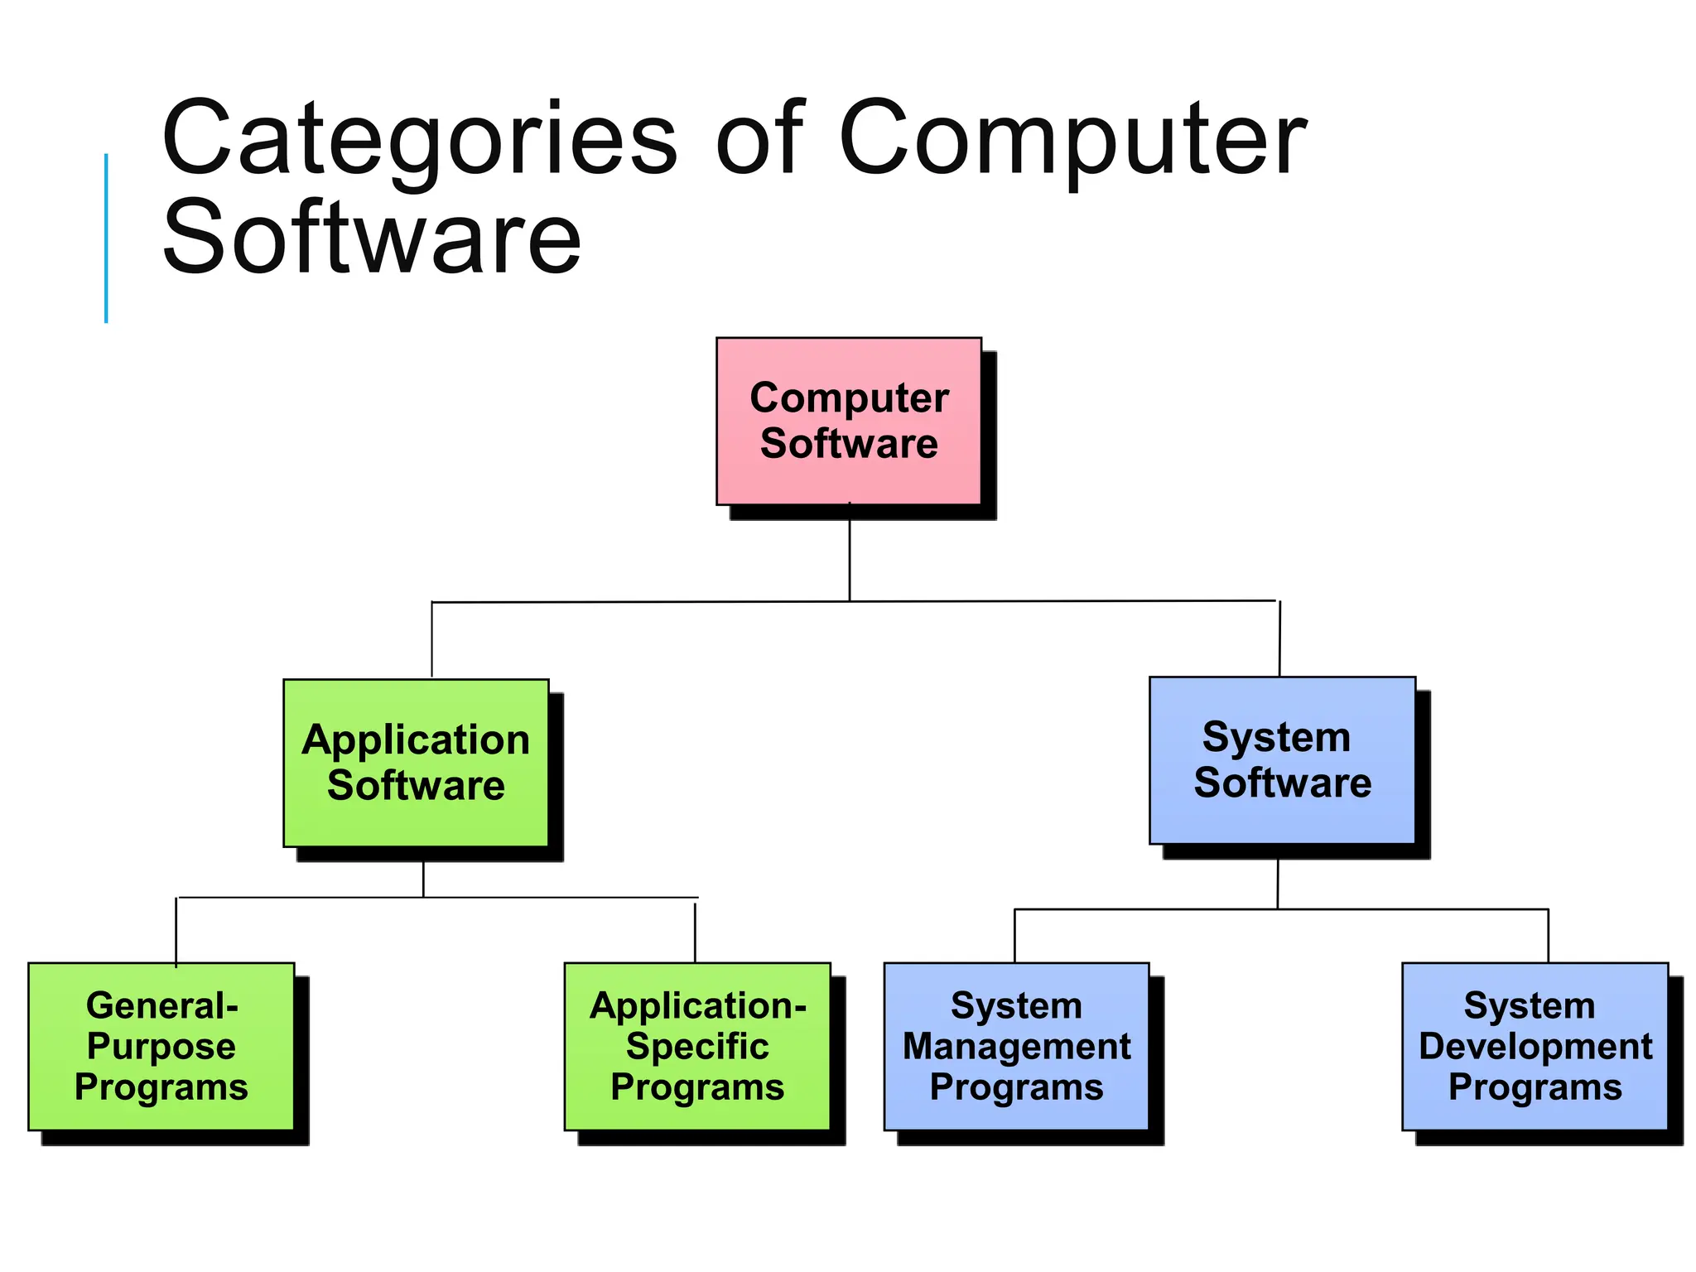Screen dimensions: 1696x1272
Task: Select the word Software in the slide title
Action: pyautogui.click(x=372, y=238)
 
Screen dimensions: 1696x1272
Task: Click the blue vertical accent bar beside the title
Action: pyautogui.click(x=106, y=238)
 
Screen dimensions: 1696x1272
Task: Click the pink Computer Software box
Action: pyautogui.click(x=848, y=421)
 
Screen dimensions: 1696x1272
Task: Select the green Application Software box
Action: pyautogui.click(x=416, y=763)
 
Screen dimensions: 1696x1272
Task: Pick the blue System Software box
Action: pyautogui.click(x=1282, y=760)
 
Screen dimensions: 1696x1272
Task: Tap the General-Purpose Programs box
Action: pyautogui.click(x=161, y=1046)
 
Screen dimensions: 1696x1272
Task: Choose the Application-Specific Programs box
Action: pyautogui.click(x=697, y=1046)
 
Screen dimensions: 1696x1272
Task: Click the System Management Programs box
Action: pyautogui.click(x=1016, y=1046)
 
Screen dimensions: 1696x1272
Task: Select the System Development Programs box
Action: pyautogui.click(x=1535, y=1046)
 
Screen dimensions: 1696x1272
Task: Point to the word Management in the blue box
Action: pyautogui.click(x=1016, y=1047)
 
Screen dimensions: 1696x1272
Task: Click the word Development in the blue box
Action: pyautogui.click(x=1535, y=1047)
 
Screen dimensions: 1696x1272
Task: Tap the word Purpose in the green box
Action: pyautogui.click(x=161, y=1047)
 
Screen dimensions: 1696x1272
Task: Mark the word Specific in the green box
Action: pyautogui.click(x=697, y=1047)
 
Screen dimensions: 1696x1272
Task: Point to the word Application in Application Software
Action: pyautogui.click(x=416, y=740)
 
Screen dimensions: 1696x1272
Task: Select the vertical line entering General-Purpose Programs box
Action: pyautogui.click(x=176, y=931)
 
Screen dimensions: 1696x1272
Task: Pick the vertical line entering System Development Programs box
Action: pyautogui.click(x=1548, y=936)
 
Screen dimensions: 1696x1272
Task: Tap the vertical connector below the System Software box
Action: pyautogui.click(x=1278, y=884)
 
